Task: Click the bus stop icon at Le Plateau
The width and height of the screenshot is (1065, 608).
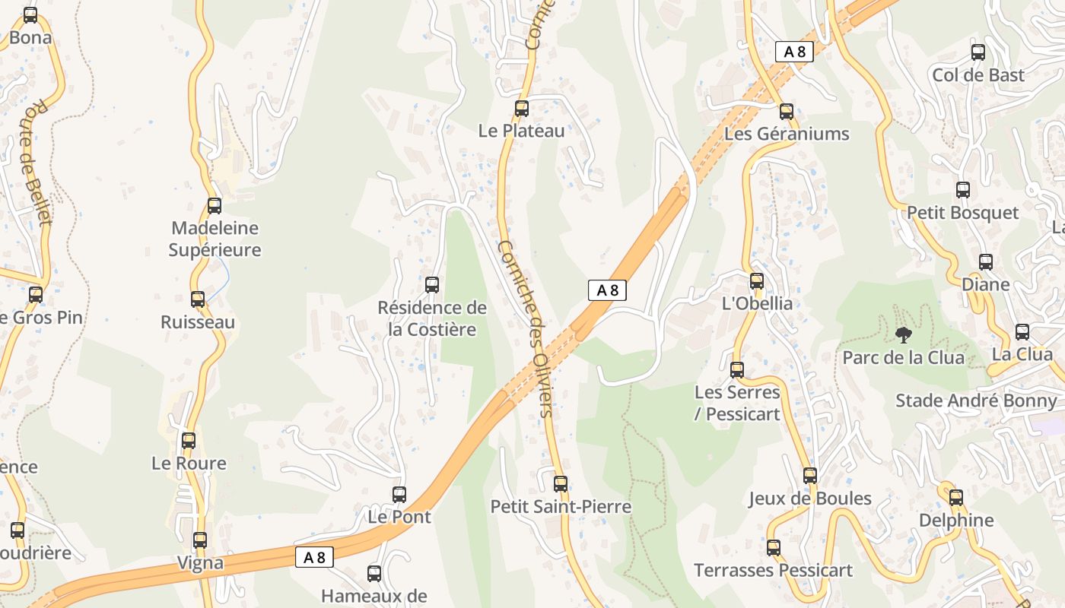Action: tap(521, 109)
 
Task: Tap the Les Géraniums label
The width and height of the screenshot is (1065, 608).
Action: tap(787, 134)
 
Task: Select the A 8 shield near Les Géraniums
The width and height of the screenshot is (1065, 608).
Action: tap(794, 52)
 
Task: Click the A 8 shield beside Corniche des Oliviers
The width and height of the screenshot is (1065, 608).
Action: tap(607, 290)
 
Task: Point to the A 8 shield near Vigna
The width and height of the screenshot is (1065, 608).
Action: tap(314, 557)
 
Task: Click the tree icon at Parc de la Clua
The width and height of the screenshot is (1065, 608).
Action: tap(904, 334)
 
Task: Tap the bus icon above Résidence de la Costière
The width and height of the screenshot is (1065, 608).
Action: tap(432, 285)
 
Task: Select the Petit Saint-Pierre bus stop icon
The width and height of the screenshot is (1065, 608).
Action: tap(561, 483)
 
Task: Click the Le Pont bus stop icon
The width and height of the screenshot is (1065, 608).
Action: tap(399, 495)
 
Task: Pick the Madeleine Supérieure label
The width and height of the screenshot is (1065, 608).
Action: tap(215, 239)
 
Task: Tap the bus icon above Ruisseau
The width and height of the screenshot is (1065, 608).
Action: tap(198, 299)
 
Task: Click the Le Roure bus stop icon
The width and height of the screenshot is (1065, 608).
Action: tap(189, 440)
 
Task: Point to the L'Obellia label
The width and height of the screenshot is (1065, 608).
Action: tap(757, 303)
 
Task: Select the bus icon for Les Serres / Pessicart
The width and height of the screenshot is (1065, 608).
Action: tap(736, 370)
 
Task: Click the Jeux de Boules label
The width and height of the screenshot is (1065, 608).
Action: tap(810, 499)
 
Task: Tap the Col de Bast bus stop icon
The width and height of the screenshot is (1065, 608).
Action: tap(978, 52)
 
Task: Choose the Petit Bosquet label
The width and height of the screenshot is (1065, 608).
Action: tap(962, 213)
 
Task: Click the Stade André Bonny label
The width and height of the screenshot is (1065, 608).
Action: tap(976, 401)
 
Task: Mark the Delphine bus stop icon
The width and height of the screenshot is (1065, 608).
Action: tap(956, 498)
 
